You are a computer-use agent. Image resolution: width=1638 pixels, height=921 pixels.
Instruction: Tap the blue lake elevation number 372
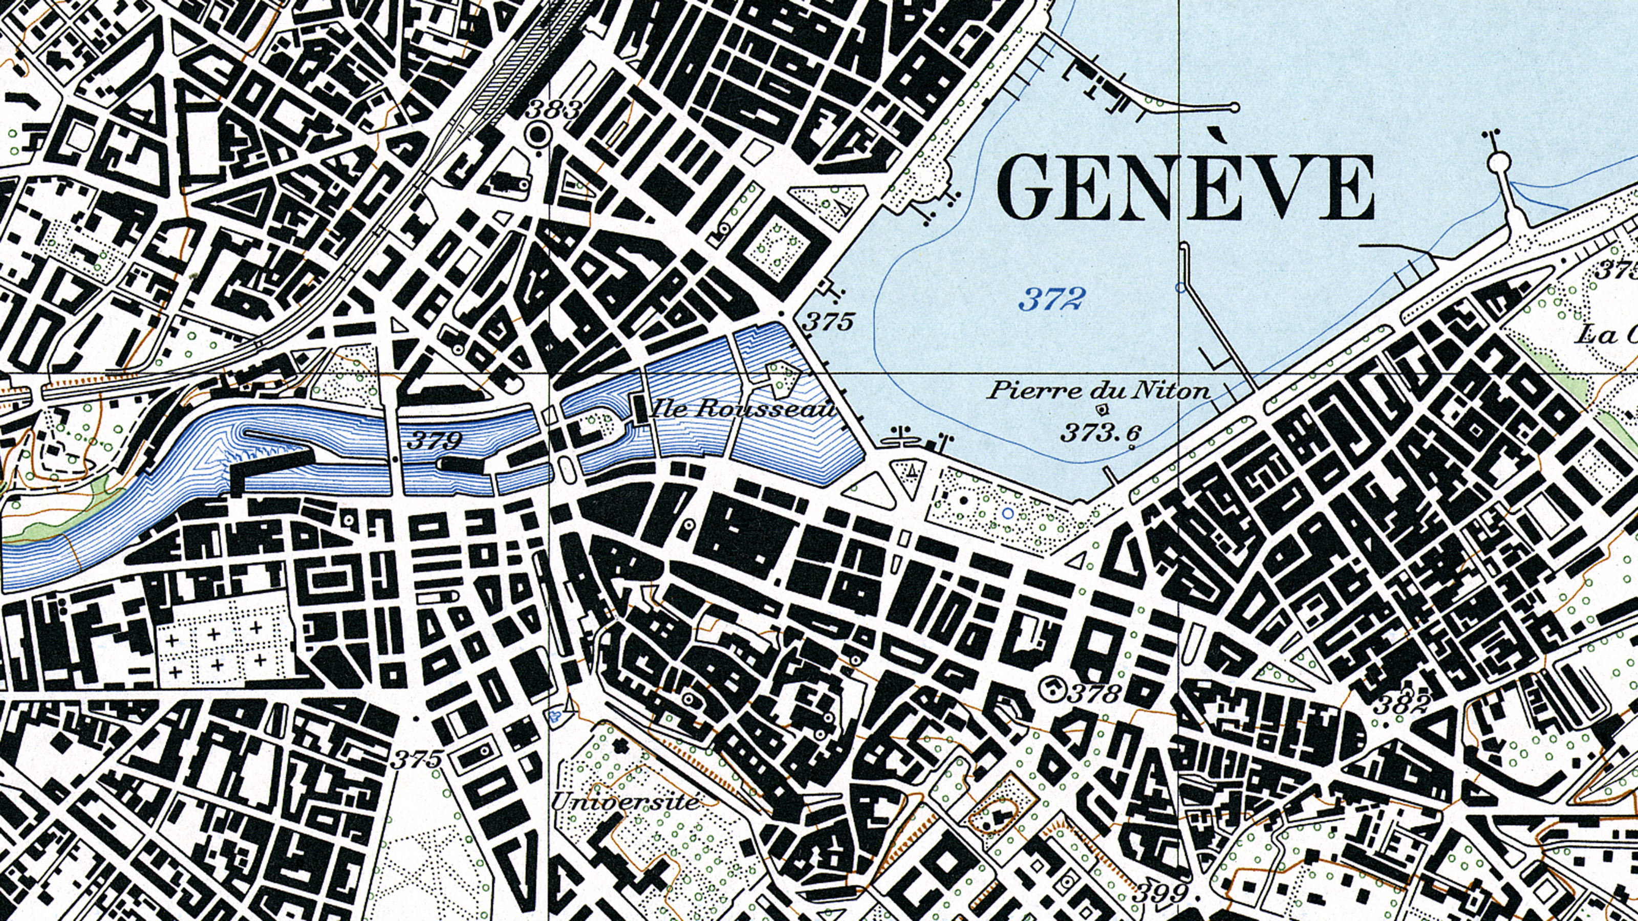pos(1050,299)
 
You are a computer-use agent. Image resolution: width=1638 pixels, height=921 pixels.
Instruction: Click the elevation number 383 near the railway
pos(554,111)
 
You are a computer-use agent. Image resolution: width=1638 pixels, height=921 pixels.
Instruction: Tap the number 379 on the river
pos(434,439)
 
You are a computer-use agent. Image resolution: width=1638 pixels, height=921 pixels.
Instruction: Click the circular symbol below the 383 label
pos(538,134)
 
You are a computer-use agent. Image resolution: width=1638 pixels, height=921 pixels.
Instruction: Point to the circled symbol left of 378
pos(1053,688)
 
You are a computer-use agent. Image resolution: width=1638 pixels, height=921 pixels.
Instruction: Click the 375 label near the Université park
pos(417,759)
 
